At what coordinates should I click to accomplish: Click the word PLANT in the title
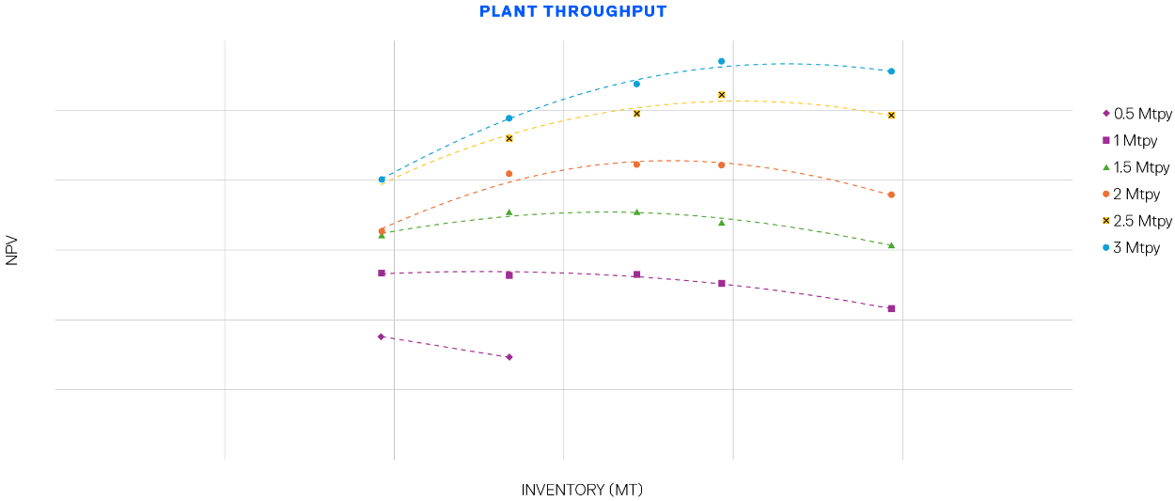tap(508, 11)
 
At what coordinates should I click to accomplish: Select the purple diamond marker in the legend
tap(1106, 113)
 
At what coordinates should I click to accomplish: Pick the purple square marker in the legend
tap(1106, 140)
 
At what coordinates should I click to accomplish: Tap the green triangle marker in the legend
tap(1106, 167)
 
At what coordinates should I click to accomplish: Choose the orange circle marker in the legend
tap(1106, 194)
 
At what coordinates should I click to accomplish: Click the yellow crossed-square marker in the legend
tap(1106, 221)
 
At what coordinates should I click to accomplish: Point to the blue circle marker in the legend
tap(1106, 247)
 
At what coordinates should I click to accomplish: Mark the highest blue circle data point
tap(722, 61)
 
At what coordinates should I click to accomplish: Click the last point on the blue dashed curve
tap(891, 71)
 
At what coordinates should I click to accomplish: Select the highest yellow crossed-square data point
tap(722, 95)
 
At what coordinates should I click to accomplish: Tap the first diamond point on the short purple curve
tap(382, 337)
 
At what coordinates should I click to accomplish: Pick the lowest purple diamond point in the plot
tap(509, 357)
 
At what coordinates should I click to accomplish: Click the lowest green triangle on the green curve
tap(891, 245)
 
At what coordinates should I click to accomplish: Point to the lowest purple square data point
tap(891, 308)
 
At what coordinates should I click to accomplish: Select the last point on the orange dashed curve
tap(891, 195)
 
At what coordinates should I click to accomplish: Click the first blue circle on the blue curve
tap(382, 180)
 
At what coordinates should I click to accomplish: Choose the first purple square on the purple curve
tap(382, 273)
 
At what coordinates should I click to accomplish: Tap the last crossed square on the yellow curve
tap(891, 115)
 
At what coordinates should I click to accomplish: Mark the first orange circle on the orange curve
tap(382, 230)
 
